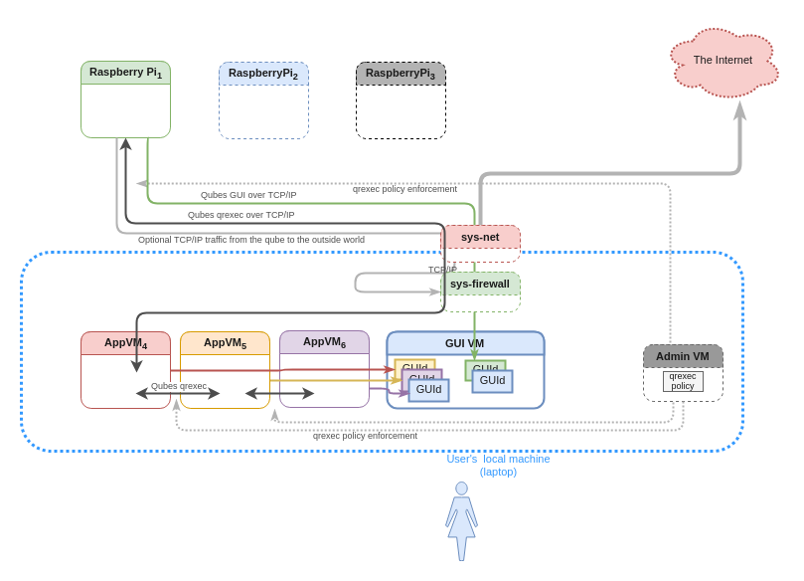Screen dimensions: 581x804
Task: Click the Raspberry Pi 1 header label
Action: (x=125, y=73)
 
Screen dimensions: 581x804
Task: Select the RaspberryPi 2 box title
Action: (x=263, y=74)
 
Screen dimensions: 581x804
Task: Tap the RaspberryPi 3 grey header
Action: (x=401, y=74)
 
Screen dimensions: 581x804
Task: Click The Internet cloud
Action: (x=724, y=61)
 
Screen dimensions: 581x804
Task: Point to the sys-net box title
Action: (x=480, y=237)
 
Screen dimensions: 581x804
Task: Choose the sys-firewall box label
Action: (x=480, y=284)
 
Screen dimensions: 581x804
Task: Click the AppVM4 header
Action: (x=125, y=343)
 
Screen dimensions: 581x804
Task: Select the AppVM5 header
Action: (x=225, y=343)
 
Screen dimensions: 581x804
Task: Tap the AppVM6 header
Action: (x=324, y=342)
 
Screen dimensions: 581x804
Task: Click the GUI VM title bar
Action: (x=465, y=343)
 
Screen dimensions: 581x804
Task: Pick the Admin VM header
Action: (x=683, y=356)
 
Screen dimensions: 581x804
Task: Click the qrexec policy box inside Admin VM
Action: (x=683, y=381)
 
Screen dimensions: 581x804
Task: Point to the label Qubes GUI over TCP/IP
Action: (x=248, y=195)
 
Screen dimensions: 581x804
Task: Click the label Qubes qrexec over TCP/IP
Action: (x=241, y=215)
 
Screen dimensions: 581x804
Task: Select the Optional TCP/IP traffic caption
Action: (x=251, y=240)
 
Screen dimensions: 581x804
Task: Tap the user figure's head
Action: (x=461, y=488)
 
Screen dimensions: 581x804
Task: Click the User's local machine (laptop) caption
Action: (x=498, y=465)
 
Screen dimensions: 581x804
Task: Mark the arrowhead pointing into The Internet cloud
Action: (x=739, y=110)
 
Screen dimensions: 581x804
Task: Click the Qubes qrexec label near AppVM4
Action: (x=179, y=386)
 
